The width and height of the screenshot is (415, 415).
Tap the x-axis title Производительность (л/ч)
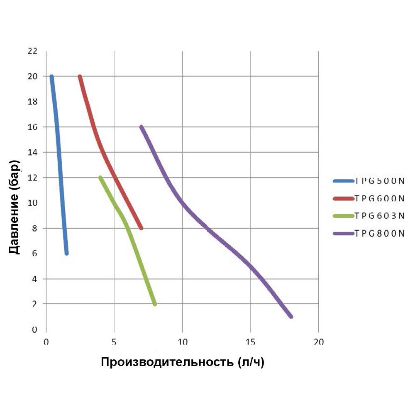(x=183, y=362)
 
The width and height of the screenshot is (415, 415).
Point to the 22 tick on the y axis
(x=32, y=51)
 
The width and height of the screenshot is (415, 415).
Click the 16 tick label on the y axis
(x=32, y=127)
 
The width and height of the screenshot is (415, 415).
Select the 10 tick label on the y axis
(x=32, y=203)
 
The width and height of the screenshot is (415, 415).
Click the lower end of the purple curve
(x=290, y=316)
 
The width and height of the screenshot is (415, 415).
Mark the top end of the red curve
(x=80, y=77)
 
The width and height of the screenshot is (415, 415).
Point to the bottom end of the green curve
(x=155, y=304)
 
